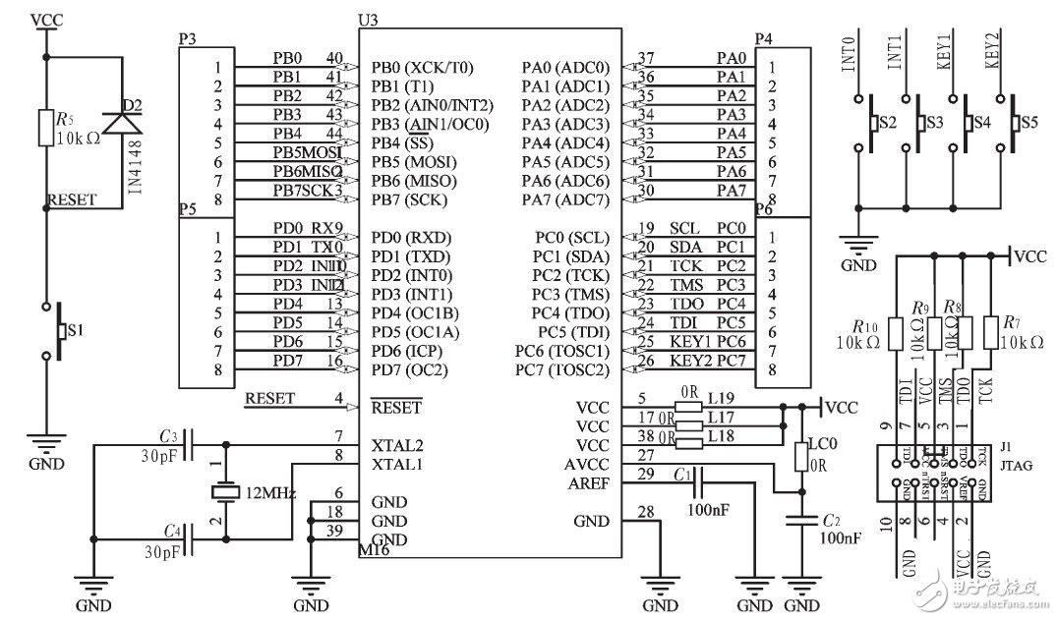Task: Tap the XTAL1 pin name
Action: (398, 465)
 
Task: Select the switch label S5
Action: (1028, 124)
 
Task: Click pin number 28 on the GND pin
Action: (645, 511)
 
